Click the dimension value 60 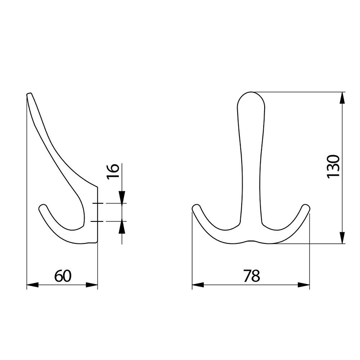tap(63, 276)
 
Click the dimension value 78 tap(252, 276)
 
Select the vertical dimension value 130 tap(333, 166)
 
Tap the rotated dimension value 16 tap(113, 171)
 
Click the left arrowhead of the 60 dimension tap(32, 285)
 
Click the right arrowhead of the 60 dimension tap(92, 285)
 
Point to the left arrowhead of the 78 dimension tap(198, 285)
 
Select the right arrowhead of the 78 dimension tap(304, 285)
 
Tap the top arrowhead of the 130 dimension tap(342, 98)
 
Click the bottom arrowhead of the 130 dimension tap(342, 238)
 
